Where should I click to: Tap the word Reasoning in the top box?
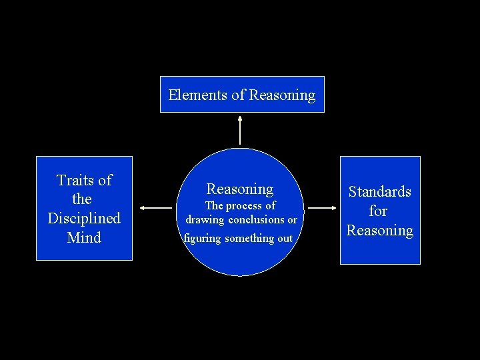[282, 95]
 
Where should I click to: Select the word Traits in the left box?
[75, 180]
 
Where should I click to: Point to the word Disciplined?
[84, 218]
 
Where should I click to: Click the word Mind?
[84, 237]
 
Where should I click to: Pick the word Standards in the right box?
[380, 192]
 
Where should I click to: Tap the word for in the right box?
[378, 211]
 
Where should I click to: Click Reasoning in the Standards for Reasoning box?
[380, 231]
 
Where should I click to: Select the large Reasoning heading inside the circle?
[240, 189]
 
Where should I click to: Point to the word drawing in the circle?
[205, 219]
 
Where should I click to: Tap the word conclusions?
[257, 219]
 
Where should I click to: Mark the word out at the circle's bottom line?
[284, 239]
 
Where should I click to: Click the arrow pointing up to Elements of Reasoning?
[240, 130]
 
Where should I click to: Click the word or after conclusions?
[292, 219]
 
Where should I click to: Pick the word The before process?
[214, 206]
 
